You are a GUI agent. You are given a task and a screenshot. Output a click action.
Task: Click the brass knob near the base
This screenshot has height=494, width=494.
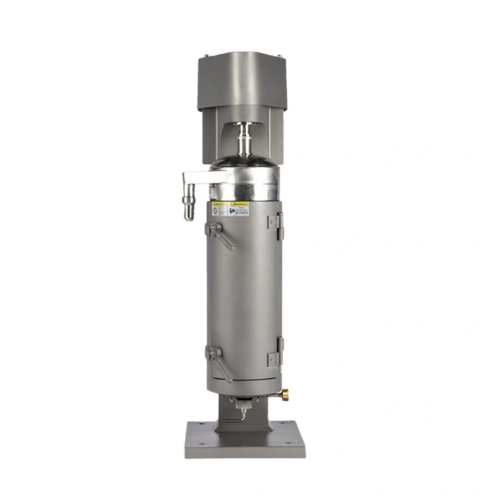tap(285, 393)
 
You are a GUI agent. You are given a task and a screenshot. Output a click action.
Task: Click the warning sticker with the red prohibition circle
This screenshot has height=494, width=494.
tap(219, 210)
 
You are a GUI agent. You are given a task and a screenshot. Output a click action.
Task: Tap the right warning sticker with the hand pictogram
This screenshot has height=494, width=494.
tap(238, 209)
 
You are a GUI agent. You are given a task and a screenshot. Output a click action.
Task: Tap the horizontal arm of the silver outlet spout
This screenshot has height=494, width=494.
tap(196, 180)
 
